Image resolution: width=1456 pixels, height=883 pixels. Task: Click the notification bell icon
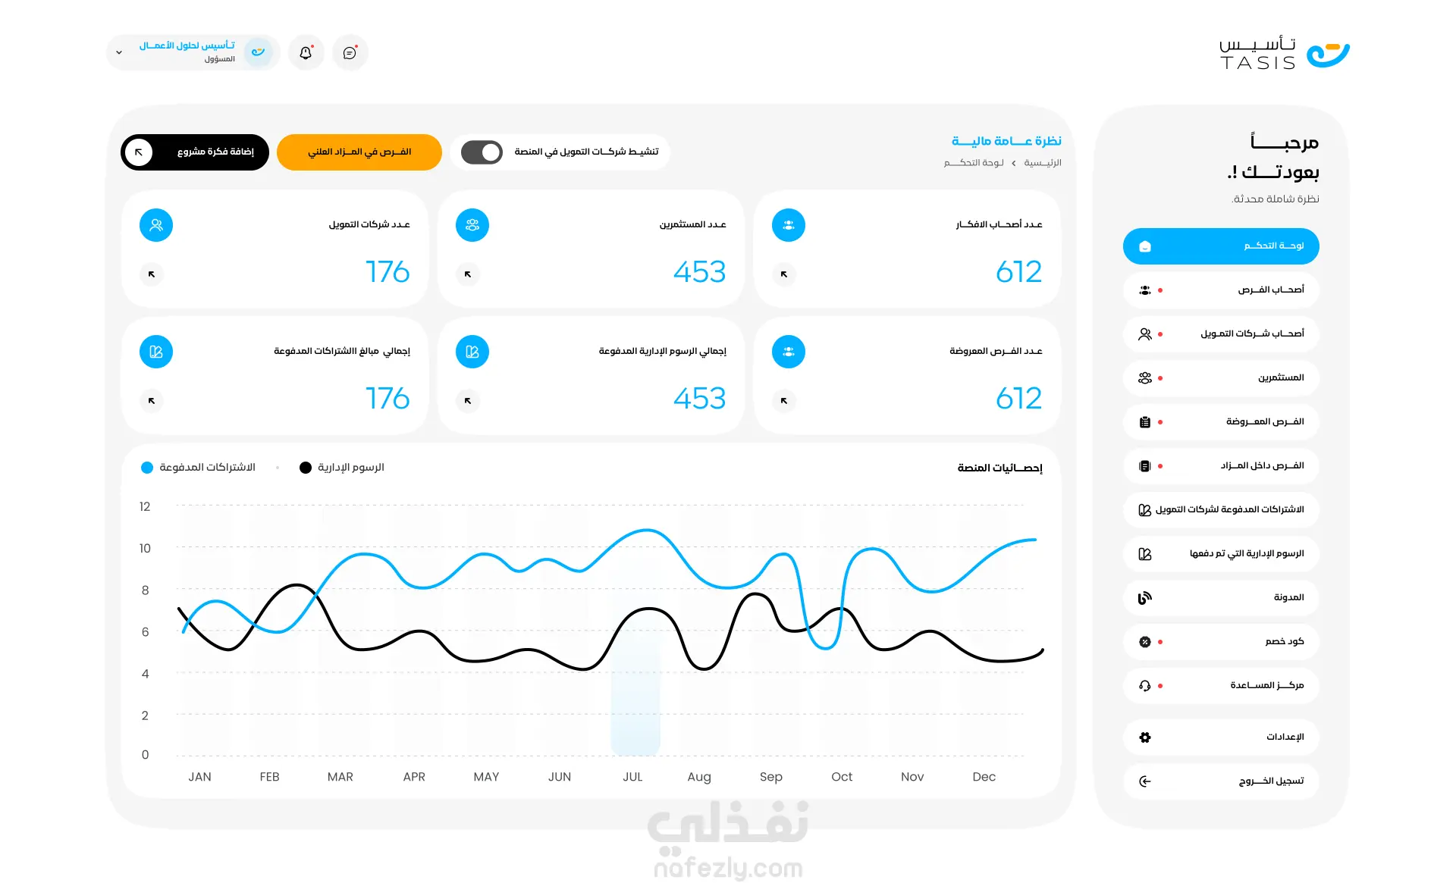pos(306,53)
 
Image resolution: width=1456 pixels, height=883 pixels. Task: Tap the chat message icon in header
pos(350,53)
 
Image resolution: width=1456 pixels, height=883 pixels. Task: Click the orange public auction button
pos(359,152)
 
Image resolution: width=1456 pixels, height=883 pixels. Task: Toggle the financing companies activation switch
pos(482,152)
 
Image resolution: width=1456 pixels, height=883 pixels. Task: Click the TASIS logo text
pos(1257,63)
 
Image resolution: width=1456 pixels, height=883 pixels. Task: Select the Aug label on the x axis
pos(699,777)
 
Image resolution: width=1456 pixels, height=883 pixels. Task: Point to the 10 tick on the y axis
pos(145,548)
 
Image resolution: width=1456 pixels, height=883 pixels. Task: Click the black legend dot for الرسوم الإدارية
pos(306,468)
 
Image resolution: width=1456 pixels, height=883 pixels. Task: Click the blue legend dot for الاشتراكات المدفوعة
pos(147,468)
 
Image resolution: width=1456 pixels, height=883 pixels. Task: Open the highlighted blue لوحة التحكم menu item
pos(1221,246)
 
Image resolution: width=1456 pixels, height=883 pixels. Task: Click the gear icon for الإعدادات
pos(1145,737)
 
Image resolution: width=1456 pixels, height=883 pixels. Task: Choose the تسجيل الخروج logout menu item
pos(1221,781)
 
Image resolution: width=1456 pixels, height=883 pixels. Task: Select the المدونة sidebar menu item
pos(1221,598)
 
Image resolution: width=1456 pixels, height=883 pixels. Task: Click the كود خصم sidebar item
pos(1221,642)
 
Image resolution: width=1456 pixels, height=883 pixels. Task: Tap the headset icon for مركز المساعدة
pos(1145,686)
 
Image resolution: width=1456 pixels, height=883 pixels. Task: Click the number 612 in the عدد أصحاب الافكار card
pos(1018,272)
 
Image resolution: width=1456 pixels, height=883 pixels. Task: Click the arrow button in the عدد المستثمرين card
pos(468,274)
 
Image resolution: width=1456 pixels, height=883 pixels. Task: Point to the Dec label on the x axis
pos(984,777)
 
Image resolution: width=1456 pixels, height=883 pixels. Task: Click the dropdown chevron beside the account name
pos(119,53)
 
